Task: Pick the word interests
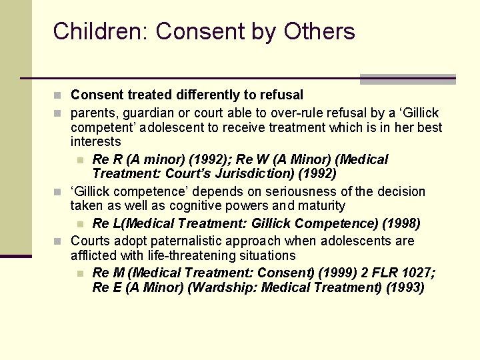tap(95, 141)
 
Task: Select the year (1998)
tap(399, 223)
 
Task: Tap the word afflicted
tap(94, 255)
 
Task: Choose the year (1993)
tap(400, 288)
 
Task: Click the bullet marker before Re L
tap(80, 224)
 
